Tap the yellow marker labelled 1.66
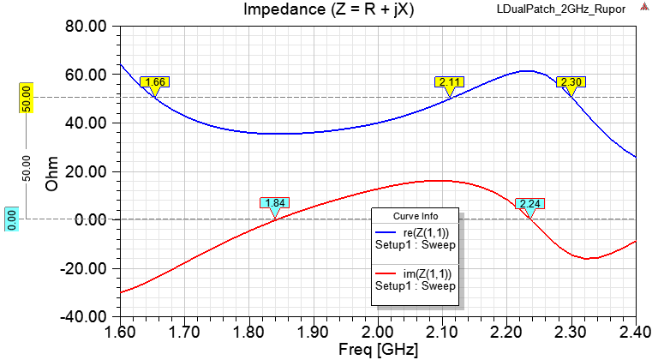(155, 82)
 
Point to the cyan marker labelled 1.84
(275, 204)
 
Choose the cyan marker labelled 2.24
(530, 204)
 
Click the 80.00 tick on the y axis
(86, 27)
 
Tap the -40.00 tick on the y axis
(83, 316)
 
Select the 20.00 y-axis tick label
(86, 171)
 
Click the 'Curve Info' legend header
(416, 215)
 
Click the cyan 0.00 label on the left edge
(12, 219)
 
